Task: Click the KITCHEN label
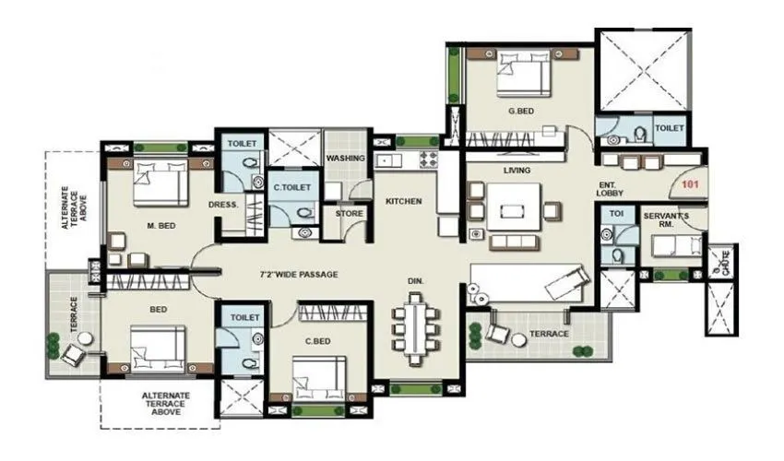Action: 404,201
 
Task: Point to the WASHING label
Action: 346,159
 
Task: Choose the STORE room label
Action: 349,213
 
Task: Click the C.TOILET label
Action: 291,187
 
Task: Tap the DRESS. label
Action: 224,205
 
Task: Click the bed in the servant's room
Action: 673,247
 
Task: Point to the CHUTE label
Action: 721,265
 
